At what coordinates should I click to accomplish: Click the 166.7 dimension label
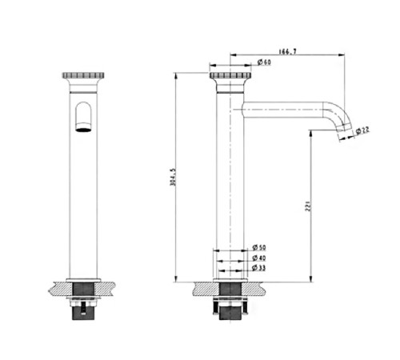(287, 51)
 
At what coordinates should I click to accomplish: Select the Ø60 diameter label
(264, 62)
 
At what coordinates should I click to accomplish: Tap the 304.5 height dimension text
(173, 177)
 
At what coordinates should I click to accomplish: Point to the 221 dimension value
(308, 206)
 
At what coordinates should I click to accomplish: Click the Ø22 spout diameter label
(362, 130)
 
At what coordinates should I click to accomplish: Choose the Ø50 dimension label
(259, 247)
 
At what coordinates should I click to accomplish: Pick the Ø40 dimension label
(259, 258)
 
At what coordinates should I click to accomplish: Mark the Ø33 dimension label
(259, 268)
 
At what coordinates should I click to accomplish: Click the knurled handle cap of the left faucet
(83, 75)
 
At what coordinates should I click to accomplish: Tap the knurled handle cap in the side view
(230, 75)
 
